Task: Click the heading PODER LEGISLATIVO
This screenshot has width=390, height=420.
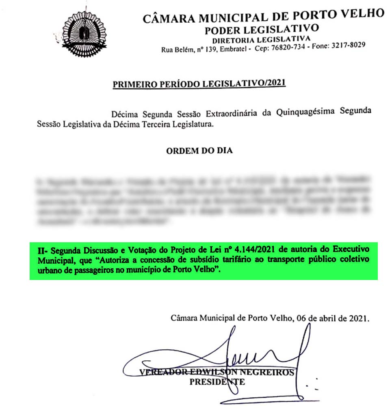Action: point(262,29)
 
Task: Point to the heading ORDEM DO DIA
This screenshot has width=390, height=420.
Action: point(199,151)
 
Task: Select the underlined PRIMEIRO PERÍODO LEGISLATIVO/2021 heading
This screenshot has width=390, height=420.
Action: point(199,84)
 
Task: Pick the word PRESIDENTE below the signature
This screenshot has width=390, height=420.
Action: point(217,382)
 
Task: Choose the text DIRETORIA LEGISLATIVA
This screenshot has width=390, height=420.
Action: point(262,39)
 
